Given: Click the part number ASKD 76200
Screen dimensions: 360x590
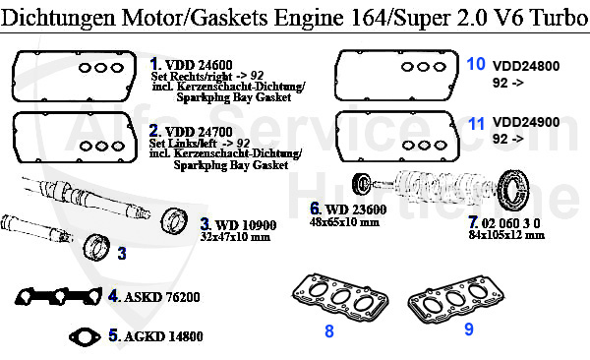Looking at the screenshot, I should click(x=162, y=296).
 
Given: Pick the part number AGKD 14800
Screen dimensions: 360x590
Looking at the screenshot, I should click(x=163, y=336).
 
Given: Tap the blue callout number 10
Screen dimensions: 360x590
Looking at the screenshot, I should click(x=476, y=64).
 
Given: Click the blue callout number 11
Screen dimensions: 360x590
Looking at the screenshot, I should click(x=476, y=124).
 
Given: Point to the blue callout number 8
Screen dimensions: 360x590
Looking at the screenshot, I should click(x=329, y=330).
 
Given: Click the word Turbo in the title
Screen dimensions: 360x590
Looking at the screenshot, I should click(x=552, y=15).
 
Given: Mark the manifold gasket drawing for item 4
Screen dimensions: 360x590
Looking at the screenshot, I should click(x=60, y=296).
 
